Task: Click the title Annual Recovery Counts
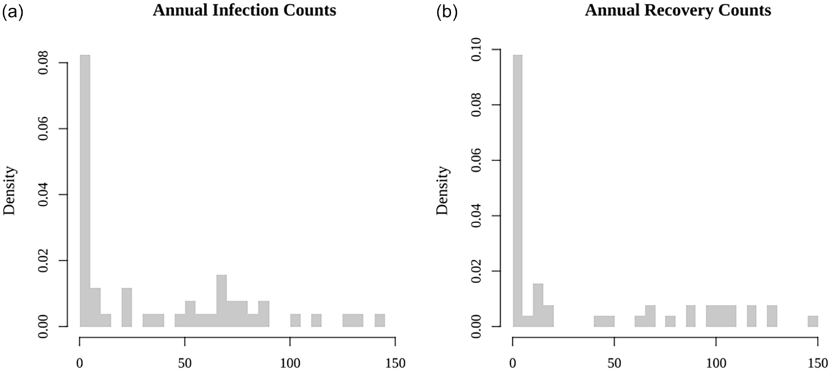(x=678, y=10)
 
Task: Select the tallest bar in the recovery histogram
(x=517, y=190)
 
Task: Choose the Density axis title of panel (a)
(x=9, y=190)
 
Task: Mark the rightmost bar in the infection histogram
(x=380, y=320)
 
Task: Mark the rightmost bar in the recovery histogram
(x=813, y=321)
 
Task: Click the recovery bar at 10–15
(x=538, y=305)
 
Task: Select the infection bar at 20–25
(x=127, y=307)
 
